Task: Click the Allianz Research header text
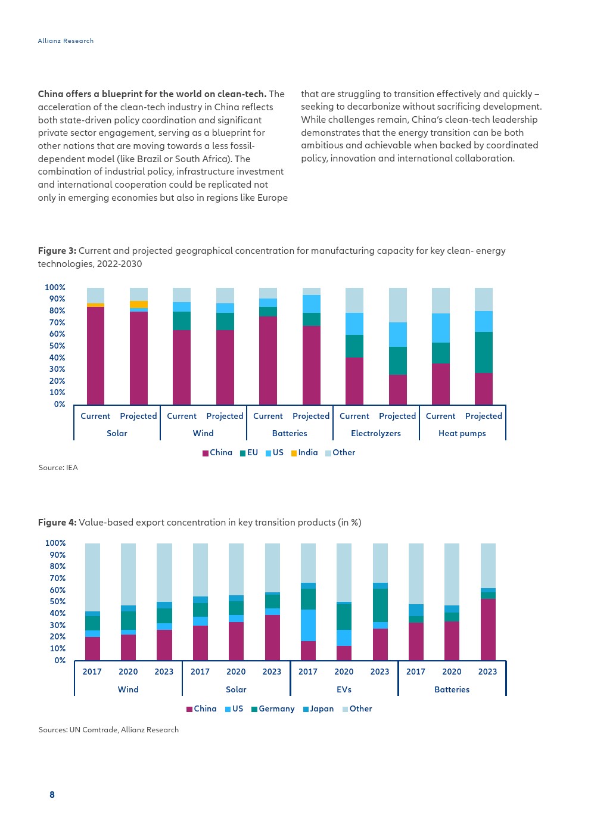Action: coord(66,41)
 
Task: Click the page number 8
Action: coord(52,794)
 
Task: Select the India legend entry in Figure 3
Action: coord(304,452)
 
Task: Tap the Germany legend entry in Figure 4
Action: coord(273,708)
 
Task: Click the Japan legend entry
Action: coord(318,708)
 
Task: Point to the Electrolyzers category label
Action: coord(376,433)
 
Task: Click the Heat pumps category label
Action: coord(462,433)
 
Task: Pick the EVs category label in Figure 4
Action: coord(344,689)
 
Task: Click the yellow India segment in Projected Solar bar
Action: coord(138,304)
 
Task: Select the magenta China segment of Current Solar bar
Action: coord(95,356)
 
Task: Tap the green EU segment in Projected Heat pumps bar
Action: coord(484,352)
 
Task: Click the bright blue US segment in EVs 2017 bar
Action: coord(308,625)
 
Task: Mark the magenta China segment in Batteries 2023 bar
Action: coord(488,629)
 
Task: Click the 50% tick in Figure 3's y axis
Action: coord(57,346)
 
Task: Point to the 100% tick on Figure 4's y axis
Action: coord(55,543)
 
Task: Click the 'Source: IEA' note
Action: coord(58,468)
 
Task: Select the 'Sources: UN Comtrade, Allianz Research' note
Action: coord(108,729)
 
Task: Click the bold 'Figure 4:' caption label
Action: coord(57,522)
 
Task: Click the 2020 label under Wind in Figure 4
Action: coord(128,672)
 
